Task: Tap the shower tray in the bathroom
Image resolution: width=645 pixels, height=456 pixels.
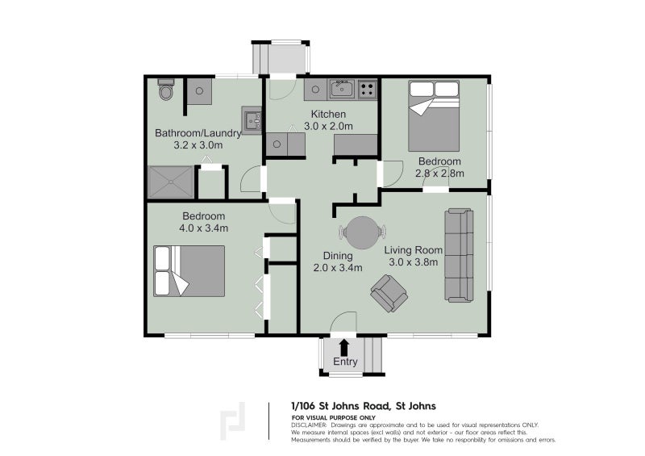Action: [x=171, y=183]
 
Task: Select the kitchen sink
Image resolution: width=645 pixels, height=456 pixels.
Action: [x=341, y=89]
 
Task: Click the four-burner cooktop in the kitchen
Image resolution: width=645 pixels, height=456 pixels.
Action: [x=368, y=89]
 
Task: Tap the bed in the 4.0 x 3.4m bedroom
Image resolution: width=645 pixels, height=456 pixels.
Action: [x=189, y=270]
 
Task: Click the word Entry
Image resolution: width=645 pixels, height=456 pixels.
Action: [x=345, y=362]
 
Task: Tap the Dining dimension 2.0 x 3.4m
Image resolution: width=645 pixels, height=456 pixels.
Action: [x=337, y=267]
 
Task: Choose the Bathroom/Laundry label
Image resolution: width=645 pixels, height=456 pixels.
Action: [x=198, y=133]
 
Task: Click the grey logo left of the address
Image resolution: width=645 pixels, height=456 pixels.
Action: [x=235, y=419]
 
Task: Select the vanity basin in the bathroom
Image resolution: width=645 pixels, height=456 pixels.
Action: [x=252, y=121]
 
